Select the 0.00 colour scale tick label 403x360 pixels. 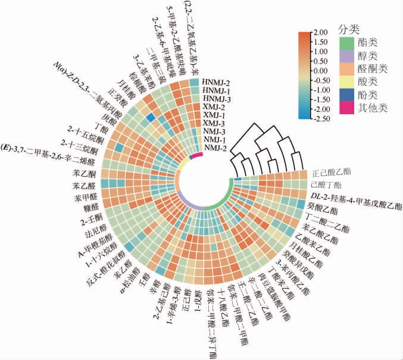320,71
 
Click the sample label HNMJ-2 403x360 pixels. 217,82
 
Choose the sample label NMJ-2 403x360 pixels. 217,148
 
